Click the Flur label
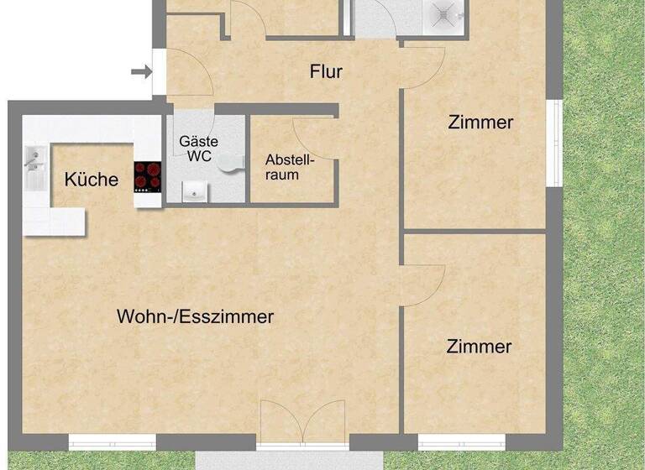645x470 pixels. (326, 72)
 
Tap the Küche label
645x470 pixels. (92, 179)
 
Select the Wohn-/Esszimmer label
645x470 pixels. (195, 317)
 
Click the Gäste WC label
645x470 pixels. (198, 149)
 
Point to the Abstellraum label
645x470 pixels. (289, 167)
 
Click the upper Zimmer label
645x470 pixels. (480, 123)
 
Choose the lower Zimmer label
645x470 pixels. (479, 346)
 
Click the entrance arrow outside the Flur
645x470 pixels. (142, 72)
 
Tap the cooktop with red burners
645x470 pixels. (147, 177)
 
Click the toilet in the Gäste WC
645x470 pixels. (229, 164)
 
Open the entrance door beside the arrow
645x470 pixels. (186, 73)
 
